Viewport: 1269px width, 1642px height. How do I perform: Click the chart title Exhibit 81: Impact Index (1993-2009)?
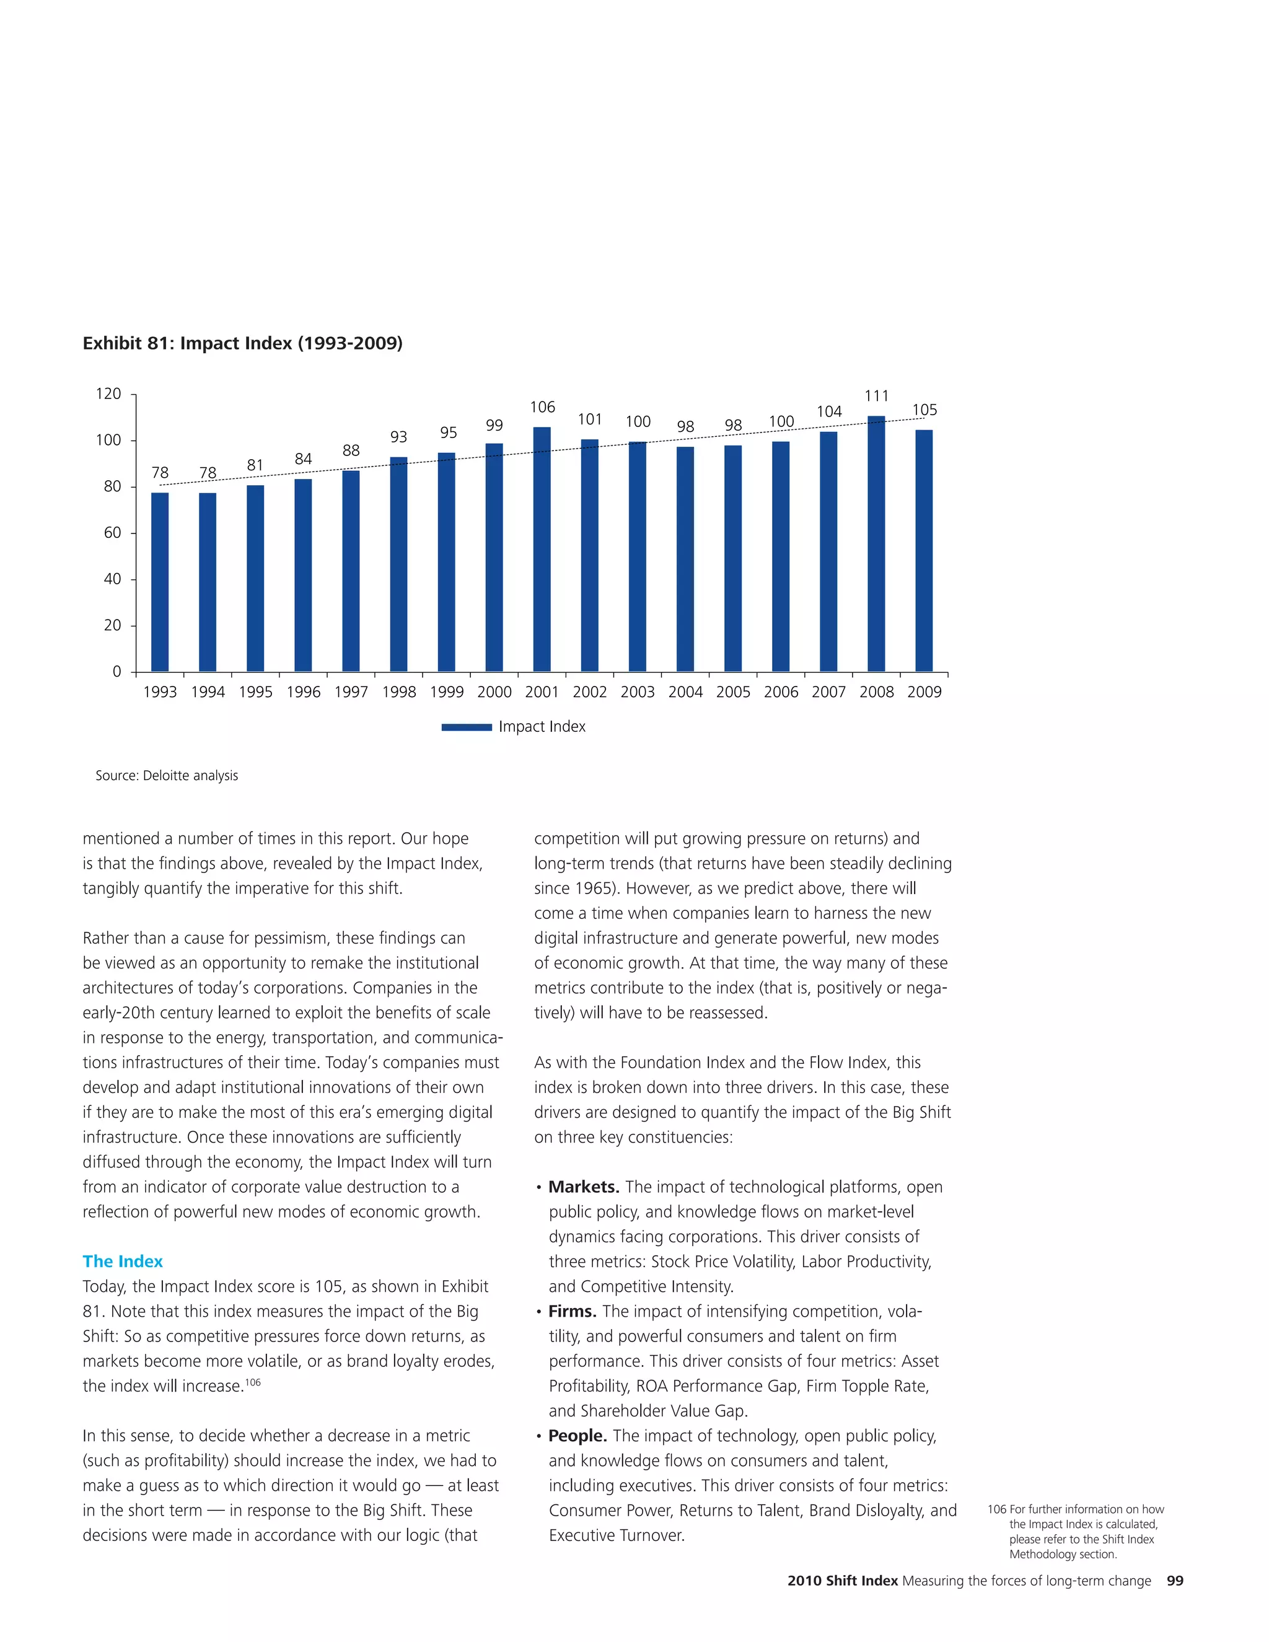[x=242, y=344]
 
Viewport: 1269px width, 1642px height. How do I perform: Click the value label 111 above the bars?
[x=877, y=396]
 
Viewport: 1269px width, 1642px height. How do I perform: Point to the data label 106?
[x=542, y=408]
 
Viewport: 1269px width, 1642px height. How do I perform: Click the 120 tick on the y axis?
[x=108, y=394]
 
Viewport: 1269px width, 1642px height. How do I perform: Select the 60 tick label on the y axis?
[x=112, y=533]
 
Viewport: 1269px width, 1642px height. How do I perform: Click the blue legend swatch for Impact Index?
[x=466, y=727]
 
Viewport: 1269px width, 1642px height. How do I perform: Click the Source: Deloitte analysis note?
[x=166, y=776]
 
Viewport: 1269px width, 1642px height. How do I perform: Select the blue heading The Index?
[x=123, y=1262]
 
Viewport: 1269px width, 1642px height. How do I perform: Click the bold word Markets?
[x=583, y=1187]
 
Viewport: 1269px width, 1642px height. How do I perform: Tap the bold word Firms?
[x=572, y=1311]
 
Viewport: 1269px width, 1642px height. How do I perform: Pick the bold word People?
[x=577, y=1436]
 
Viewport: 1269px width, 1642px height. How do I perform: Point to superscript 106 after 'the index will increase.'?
[x=253, y=1382]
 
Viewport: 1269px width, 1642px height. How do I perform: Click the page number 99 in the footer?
[x=1174, y=1581]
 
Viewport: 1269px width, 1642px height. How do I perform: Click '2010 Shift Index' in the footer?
[x=842, y=1581]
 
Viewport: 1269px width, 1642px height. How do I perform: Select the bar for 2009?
[x=924, y=550]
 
